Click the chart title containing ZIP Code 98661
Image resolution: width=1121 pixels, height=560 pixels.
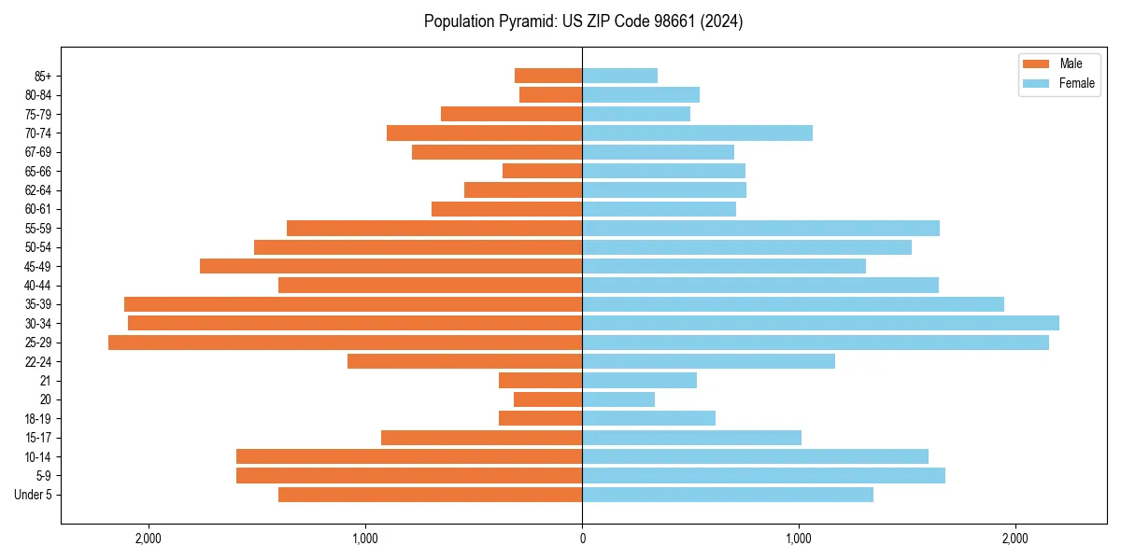click(x=583, y=21)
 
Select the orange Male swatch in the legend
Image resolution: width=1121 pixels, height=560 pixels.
click(x=1036, y=63)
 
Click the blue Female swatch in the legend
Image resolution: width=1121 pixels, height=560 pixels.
click(x=1036, y=83)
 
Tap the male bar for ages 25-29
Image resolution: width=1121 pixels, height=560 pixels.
click(x=345, y=343)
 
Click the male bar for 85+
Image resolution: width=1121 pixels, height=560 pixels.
click(x=548, y=76)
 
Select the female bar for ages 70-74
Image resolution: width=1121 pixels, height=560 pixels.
click(x=697, y=133)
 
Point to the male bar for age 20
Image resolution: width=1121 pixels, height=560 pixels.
click(x=547, y=399)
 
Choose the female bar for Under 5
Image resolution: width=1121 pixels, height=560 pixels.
click(x=728, y=495)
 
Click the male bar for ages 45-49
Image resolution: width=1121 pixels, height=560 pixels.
click(x=390, y=266)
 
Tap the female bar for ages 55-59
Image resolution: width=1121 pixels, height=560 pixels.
click(x=760, y=228)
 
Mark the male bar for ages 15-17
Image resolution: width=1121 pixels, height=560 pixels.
click(x=481, y=438)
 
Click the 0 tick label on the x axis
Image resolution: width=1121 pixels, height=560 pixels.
click(x=582, y=539)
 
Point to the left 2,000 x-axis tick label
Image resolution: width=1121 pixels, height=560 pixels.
click(x=149, y=539)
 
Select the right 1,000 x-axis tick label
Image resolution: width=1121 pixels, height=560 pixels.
click(x=799, y=539)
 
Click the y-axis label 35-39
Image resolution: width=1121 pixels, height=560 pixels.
click(x=38, y=304)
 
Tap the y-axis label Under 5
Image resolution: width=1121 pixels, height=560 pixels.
click(x=34, y=495)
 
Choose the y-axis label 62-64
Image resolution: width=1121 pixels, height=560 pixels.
click(x=38, y=189)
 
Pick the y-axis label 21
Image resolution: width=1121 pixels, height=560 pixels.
click(x=46, y=381)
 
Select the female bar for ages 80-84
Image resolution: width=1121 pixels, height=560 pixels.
click(x=641, y=94)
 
